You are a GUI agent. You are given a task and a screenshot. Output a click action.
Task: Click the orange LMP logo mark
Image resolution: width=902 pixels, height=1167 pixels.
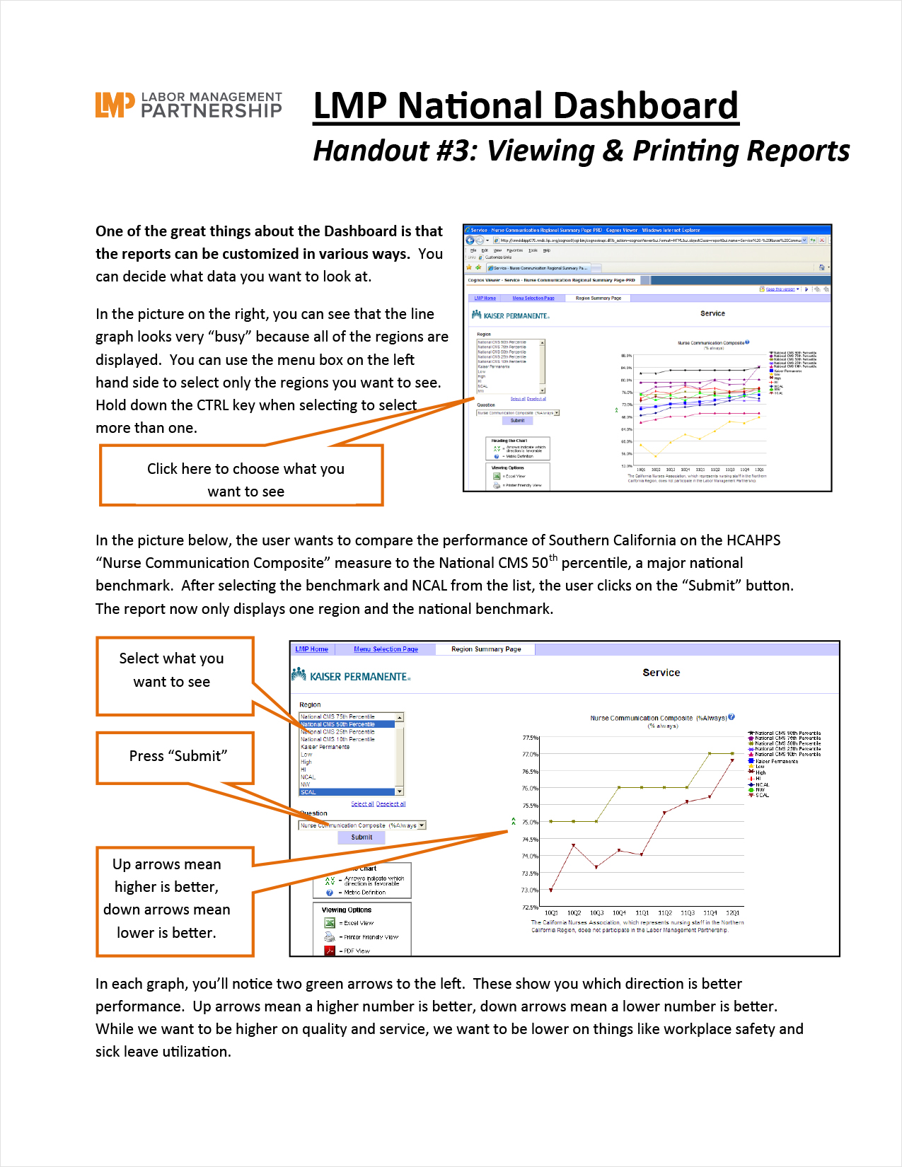[115, 105]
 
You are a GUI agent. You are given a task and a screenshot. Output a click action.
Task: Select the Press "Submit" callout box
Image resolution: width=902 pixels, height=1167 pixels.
[175, 757]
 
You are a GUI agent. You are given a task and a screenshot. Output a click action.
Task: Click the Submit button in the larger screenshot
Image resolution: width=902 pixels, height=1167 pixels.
[362, 837]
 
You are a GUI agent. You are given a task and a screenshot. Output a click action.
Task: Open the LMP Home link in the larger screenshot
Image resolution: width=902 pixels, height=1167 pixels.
[311, 649]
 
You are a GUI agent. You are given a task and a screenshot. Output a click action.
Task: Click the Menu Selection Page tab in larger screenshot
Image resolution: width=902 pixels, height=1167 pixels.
[386, 649]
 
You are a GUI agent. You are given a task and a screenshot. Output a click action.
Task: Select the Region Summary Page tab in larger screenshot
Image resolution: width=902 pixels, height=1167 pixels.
[486, 649]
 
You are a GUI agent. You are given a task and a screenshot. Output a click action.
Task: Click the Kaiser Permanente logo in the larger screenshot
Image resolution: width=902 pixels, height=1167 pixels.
[351, 676]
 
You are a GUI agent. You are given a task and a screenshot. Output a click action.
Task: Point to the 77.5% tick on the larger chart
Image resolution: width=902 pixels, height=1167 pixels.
[531, 738]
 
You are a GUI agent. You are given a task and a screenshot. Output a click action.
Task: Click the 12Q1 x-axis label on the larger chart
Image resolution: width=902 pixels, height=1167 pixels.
[733, 913]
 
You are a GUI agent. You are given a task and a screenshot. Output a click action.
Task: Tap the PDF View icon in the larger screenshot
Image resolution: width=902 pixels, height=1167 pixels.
[330, 951]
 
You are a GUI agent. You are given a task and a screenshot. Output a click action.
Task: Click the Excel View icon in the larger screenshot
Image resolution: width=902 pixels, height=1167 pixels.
[330, 923]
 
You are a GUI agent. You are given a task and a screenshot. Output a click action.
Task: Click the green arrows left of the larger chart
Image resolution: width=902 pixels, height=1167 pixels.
[514, 822]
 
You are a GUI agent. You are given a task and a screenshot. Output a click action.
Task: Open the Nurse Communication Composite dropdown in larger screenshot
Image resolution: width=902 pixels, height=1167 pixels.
[422, 825]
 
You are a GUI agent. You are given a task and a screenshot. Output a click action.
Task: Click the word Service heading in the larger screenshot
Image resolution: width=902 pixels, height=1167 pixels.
[661, 673]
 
